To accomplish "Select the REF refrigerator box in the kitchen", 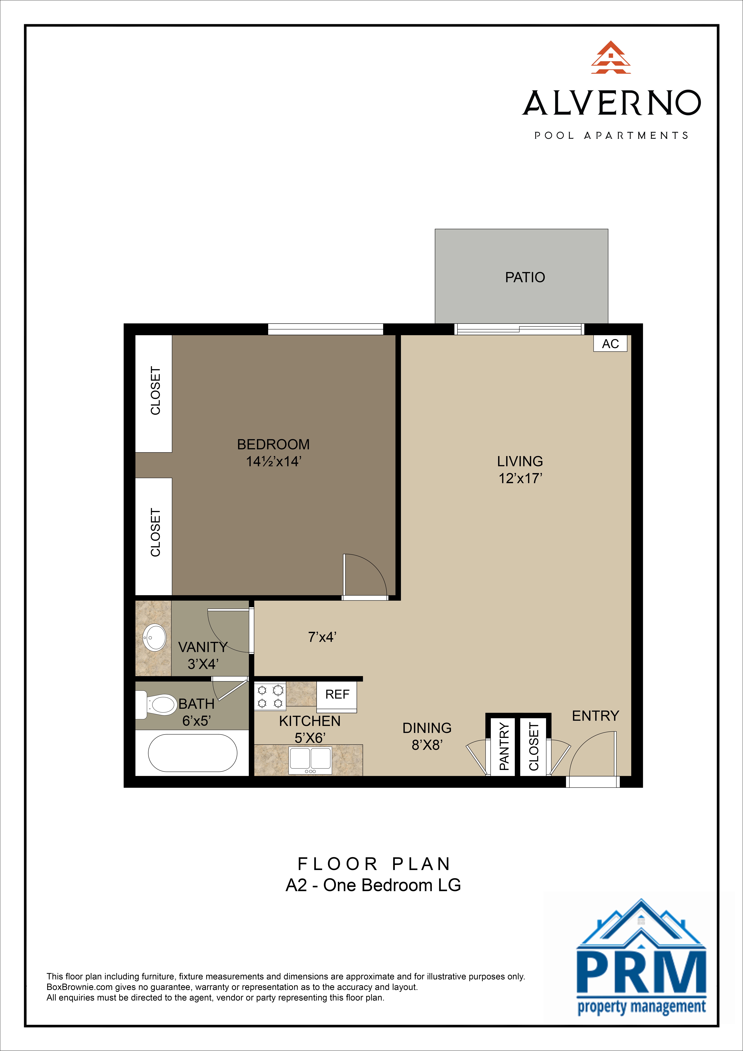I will [x=337, y=694].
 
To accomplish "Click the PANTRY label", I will [x=504, y=746].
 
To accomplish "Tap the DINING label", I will [x=427, y=728].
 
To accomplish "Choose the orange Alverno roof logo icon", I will [x=611, y=58].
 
